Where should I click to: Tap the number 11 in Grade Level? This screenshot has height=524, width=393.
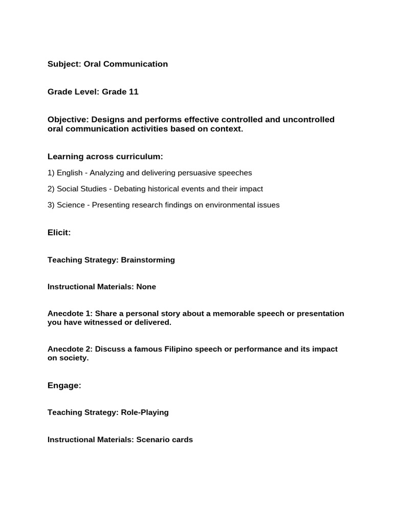(134, 92)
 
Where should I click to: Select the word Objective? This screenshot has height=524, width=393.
(68, 120)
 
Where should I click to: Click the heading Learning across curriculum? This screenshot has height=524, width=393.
(105, 156)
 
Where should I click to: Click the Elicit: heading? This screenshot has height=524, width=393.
(59, 233)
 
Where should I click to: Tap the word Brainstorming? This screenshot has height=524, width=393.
(148, 260)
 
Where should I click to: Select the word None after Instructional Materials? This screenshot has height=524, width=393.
(146, 287)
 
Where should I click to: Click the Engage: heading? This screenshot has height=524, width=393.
(64, 385)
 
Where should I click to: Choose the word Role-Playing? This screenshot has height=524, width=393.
(145, 412)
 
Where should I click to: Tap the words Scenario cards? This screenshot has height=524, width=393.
(165, 440)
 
